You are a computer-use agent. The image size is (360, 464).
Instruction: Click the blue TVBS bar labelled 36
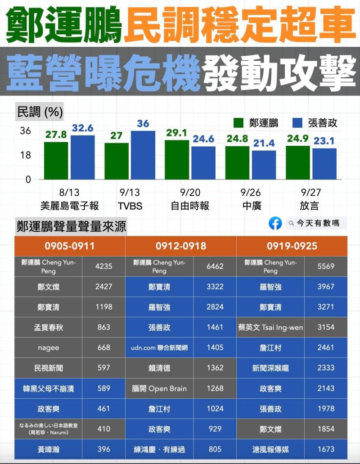click(143, 155)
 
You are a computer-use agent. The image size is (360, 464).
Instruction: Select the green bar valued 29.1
click(177, 159)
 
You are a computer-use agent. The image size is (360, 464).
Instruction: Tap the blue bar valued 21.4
click(264, 165)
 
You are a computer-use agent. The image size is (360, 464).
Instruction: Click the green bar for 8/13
click(56, 160)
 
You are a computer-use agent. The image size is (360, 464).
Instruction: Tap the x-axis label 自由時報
click(190, 206)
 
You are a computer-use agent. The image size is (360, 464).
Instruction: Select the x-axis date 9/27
click(311, 193)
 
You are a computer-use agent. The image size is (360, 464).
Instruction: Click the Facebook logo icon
click(275, 223)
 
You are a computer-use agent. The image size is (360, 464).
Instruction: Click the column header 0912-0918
click(180, 246)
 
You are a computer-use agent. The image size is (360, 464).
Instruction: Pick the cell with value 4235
click(103, 266)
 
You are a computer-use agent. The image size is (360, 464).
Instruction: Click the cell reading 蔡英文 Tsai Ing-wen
click(270, 327)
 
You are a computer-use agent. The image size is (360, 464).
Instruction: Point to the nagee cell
click(49, 347)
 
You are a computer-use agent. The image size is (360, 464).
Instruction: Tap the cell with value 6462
click(215, 266)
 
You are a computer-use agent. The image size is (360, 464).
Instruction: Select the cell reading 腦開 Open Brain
click(159, 388)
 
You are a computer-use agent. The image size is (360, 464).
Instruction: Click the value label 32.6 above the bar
click(82, 128)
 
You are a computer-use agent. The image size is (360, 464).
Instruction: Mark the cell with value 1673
click(326, 449)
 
